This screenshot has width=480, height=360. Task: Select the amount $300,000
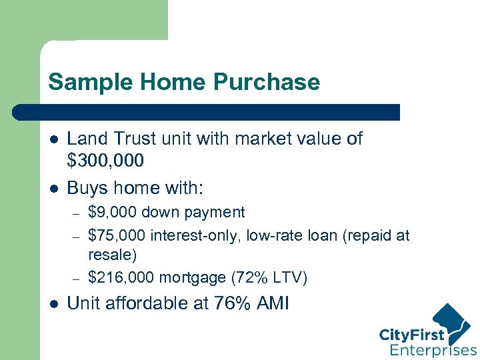point(105,161)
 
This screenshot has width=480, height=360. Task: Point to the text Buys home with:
point(135,188)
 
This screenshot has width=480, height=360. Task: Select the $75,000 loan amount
point(117,235)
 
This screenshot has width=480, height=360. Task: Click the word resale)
point(112,255)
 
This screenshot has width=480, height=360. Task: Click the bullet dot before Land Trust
point(54,139)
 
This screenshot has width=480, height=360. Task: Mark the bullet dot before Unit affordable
point(54,304)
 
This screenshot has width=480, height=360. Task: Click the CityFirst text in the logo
point(412,334)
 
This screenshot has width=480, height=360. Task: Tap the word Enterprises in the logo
point(433,350)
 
